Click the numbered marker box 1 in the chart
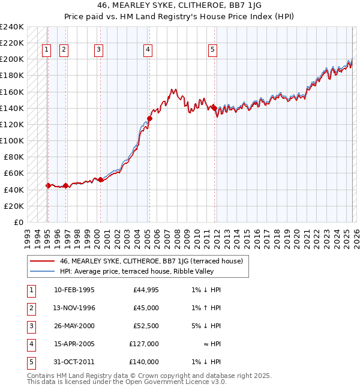pos(47,50)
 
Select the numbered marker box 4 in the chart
pos(148,50)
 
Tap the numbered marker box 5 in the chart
pos(213,50)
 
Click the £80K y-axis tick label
pos(14,157)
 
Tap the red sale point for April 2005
pos(149,118)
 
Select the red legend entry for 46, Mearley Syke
pos(151,261)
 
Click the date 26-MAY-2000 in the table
pos(74,326)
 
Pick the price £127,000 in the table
pos(144,344)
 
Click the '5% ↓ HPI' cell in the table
pos(206,326)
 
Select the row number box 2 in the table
pos(30,308)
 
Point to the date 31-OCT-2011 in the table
pos(74,362)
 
